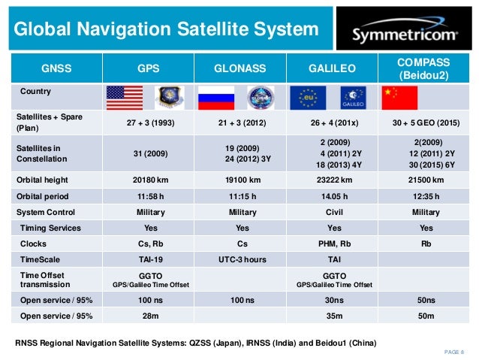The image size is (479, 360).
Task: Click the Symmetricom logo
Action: point(406,32)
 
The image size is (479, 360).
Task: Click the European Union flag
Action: point(306,97)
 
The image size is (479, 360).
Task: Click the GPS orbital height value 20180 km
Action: point(147,181)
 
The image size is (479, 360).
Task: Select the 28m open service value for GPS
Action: point(147,316)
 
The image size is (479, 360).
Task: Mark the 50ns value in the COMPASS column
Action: point(426,301)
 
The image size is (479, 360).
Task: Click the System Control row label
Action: point(46,212)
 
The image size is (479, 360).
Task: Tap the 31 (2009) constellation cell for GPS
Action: point(147,154)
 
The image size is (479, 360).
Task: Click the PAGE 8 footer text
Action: point(452,351)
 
